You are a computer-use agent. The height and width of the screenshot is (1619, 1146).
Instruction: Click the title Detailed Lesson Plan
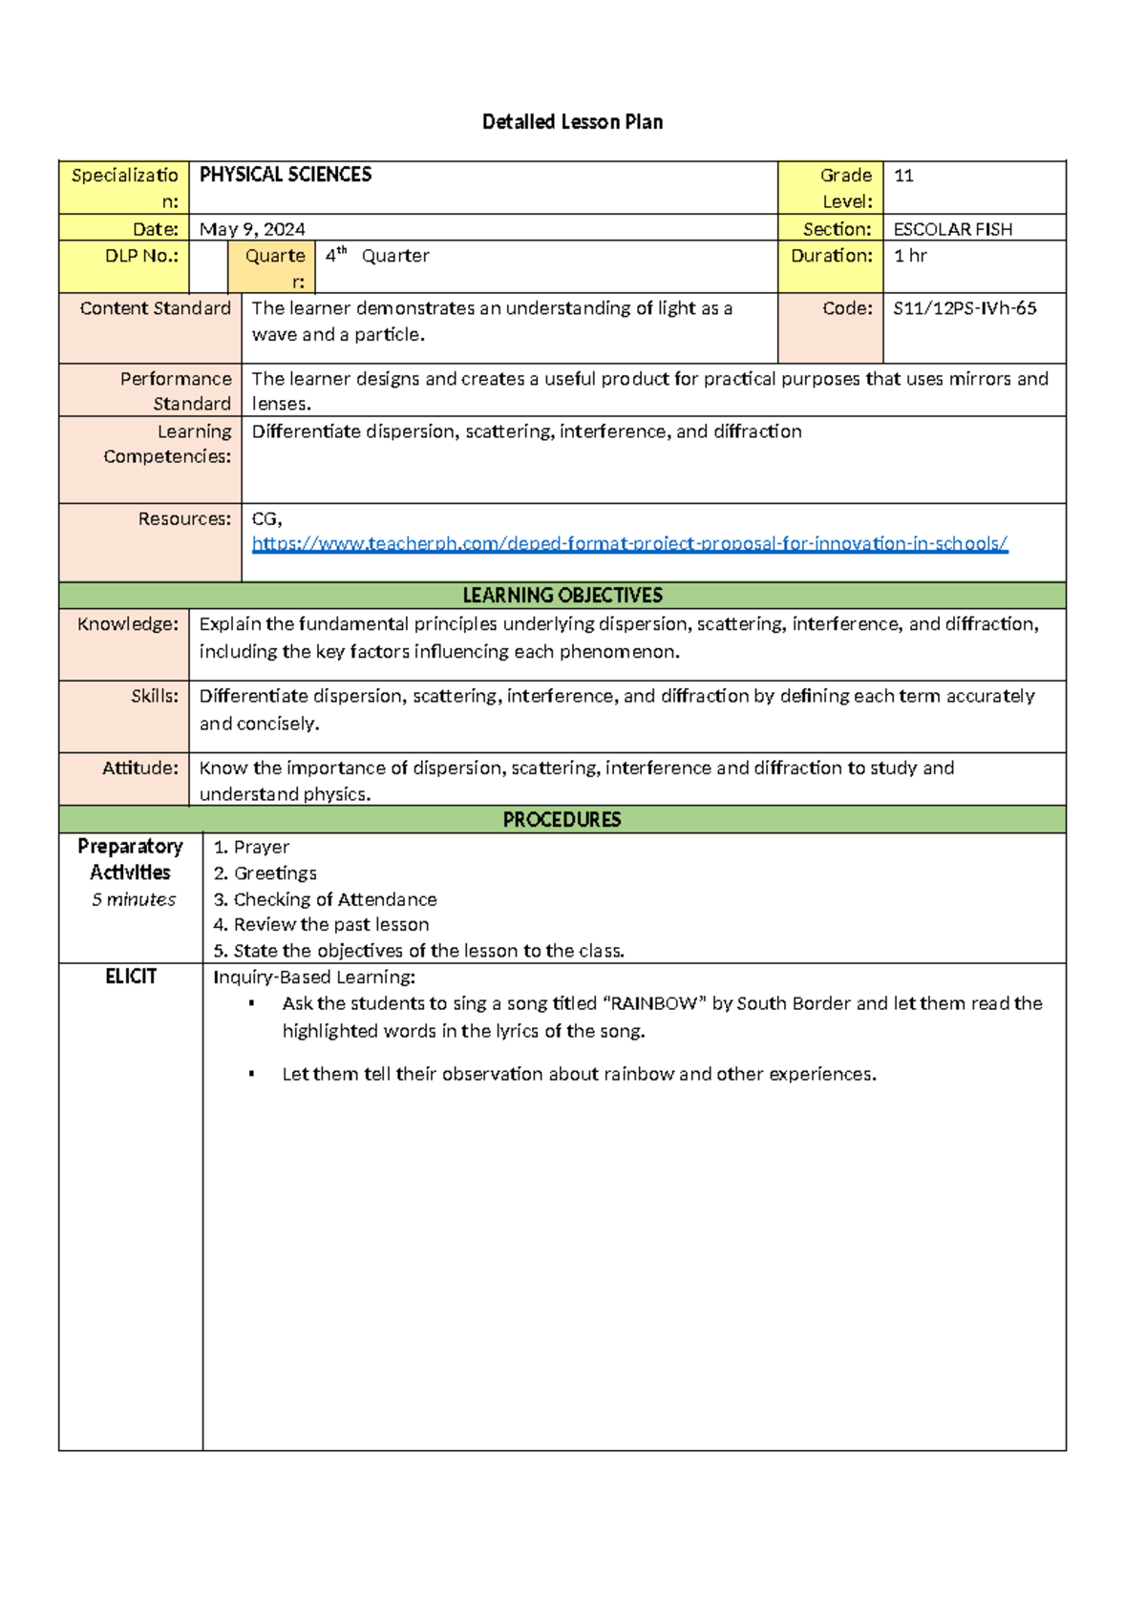[572, 121]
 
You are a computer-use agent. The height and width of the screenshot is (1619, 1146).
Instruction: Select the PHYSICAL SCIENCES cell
[286, 175]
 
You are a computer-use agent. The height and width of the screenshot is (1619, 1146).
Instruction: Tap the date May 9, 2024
[252, 229]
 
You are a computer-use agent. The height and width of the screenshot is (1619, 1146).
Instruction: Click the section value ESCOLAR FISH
[952, 229]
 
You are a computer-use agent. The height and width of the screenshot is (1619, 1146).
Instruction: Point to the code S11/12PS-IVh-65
[965, 308]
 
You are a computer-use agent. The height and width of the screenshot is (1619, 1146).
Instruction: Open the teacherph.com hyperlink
[629, 543]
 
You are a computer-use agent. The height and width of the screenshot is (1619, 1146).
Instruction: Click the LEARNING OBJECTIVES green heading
[562, 596]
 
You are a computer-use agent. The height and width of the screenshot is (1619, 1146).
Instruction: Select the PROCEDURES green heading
[562, 820]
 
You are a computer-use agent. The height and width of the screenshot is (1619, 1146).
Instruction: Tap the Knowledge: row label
[128, 624]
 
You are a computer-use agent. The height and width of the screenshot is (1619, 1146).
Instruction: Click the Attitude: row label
[140, 767]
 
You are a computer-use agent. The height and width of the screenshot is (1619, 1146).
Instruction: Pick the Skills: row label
[155, 696]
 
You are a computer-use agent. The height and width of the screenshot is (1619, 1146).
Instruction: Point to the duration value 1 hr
[910, 256]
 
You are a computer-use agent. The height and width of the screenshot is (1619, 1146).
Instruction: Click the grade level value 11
[903, 176]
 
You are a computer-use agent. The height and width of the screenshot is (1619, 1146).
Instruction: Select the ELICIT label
[131, 977]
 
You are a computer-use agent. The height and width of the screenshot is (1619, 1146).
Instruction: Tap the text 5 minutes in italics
[134, 899]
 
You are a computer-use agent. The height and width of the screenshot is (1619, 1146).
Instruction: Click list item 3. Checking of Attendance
[325, 899]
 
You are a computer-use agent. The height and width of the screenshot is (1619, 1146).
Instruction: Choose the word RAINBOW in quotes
[653, 1003]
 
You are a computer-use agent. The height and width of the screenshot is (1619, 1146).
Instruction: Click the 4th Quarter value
[377, 256]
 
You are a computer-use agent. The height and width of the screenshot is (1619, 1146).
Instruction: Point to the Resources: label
[184, 518]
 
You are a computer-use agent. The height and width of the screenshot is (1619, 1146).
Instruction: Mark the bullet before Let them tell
[251, 1074]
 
